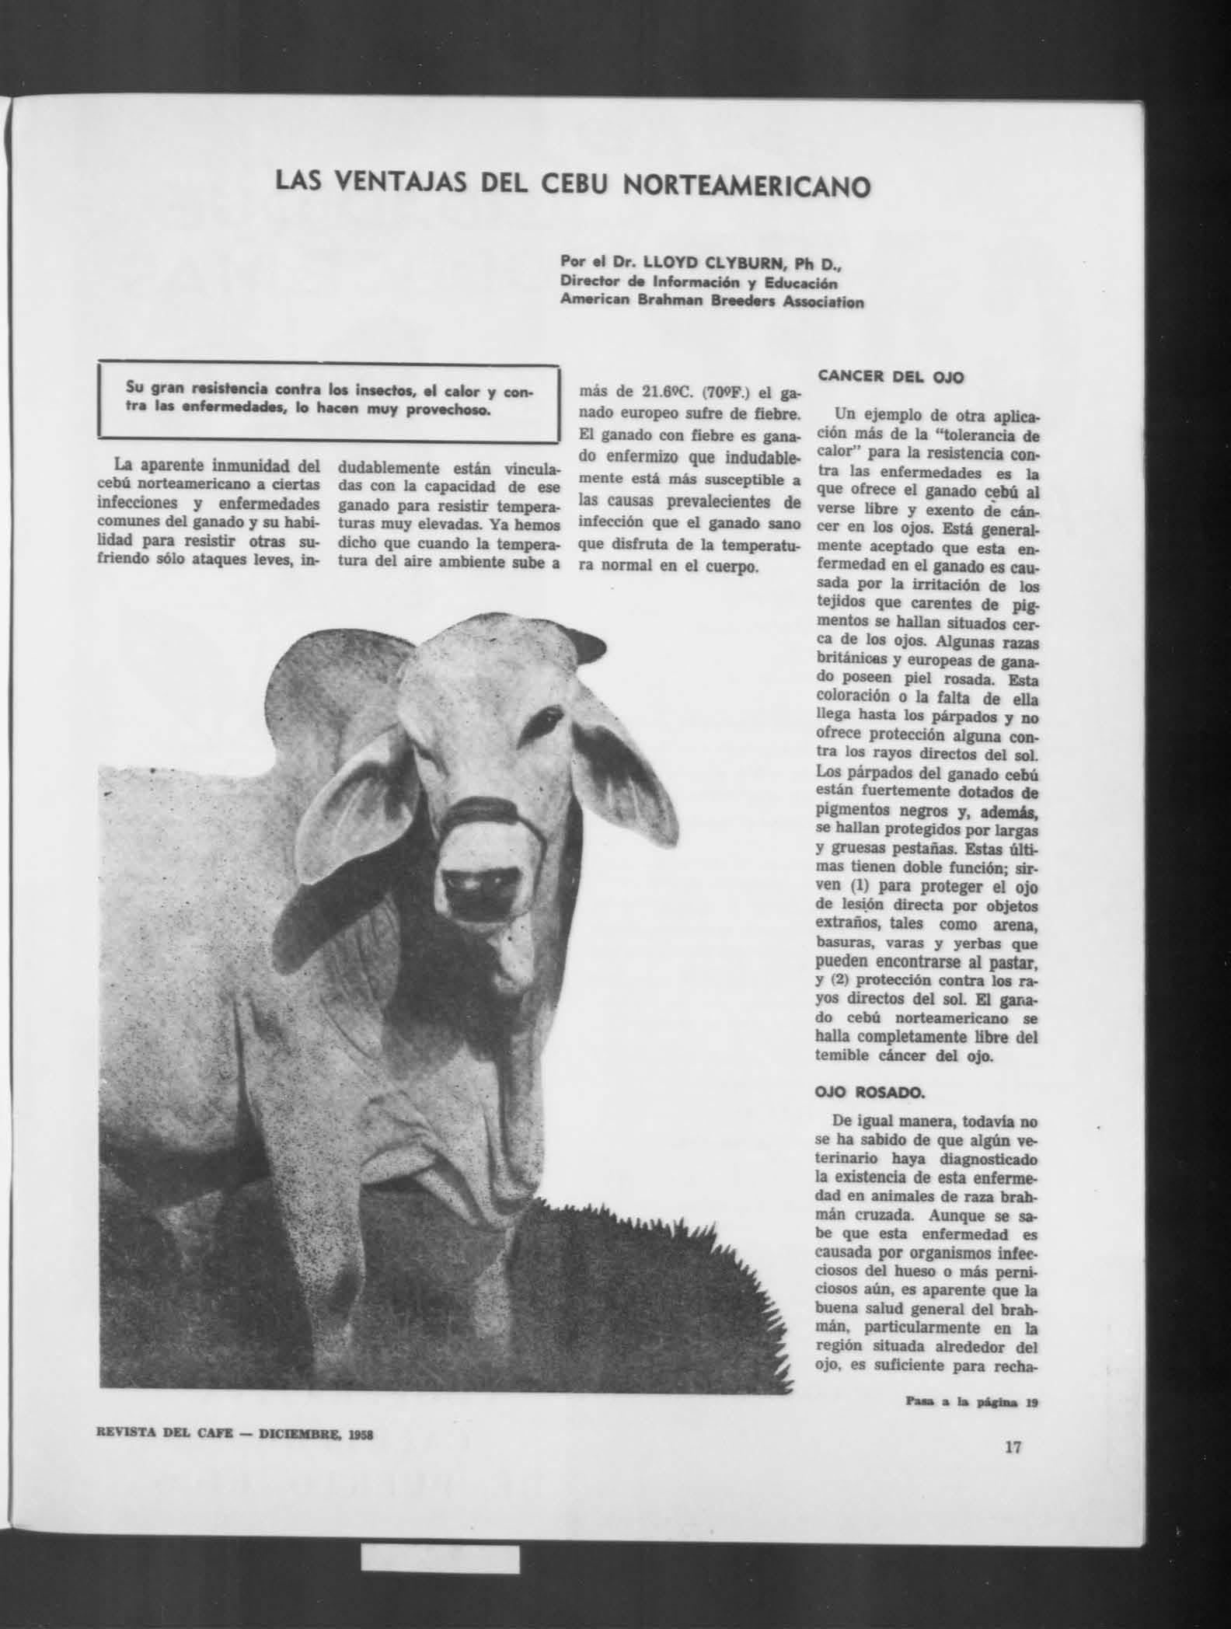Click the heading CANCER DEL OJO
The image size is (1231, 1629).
click(x=891, y=377)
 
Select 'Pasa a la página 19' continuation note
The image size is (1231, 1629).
click(x=971, y=1403)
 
